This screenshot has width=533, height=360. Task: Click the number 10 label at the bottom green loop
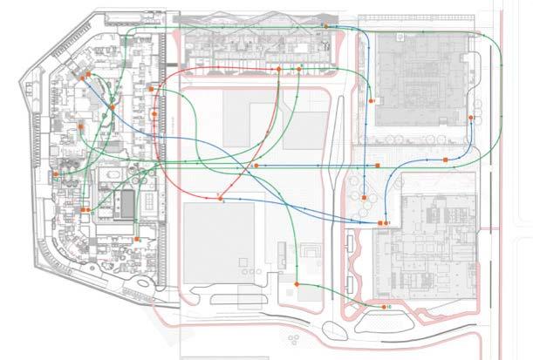[x=386, y=309]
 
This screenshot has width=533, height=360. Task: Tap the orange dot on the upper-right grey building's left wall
[x=372, y=101]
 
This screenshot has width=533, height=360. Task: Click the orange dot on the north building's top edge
[x=325, y=27]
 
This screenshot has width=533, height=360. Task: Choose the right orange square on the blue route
[x=445, y=160]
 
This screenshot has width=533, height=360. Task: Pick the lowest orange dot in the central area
[x=297, y=285]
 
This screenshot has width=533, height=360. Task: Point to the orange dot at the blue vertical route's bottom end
[x=363, y=200]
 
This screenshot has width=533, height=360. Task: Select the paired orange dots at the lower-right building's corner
[x=383, y=224]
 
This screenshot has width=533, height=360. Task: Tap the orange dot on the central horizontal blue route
[x=255, y=165]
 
